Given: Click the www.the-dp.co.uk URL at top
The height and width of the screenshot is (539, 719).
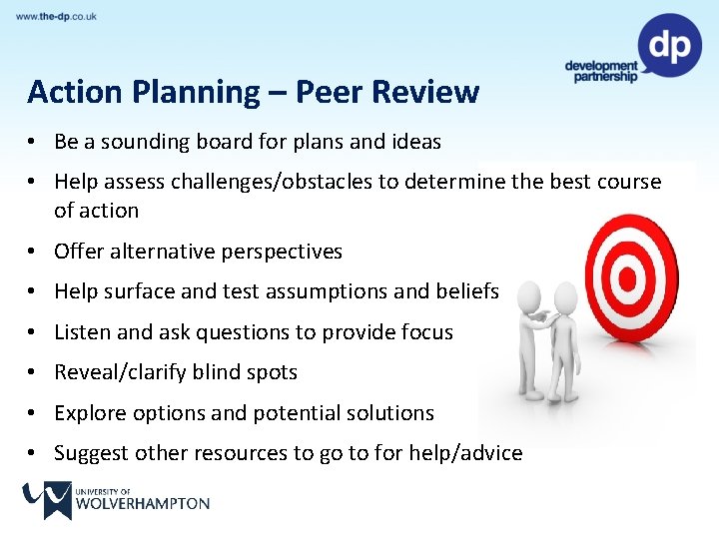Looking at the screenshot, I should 57,17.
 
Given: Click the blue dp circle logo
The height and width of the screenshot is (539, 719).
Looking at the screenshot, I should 669,45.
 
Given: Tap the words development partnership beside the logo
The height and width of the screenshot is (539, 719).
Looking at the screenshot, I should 601,72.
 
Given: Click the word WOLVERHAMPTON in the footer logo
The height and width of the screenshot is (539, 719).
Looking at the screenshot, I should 143,504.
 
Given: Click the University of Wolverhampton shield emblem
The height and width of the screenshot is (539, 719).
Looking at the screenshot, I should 47,500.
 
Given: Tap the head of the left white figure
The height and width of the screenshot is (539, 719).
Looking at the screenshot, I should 530,296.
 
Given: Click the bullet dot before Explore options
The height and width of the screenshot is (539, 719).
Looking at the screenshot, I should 34,413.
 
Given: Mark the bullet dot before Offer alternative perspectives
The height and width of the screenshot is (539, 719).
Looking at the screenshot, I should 34,252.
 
